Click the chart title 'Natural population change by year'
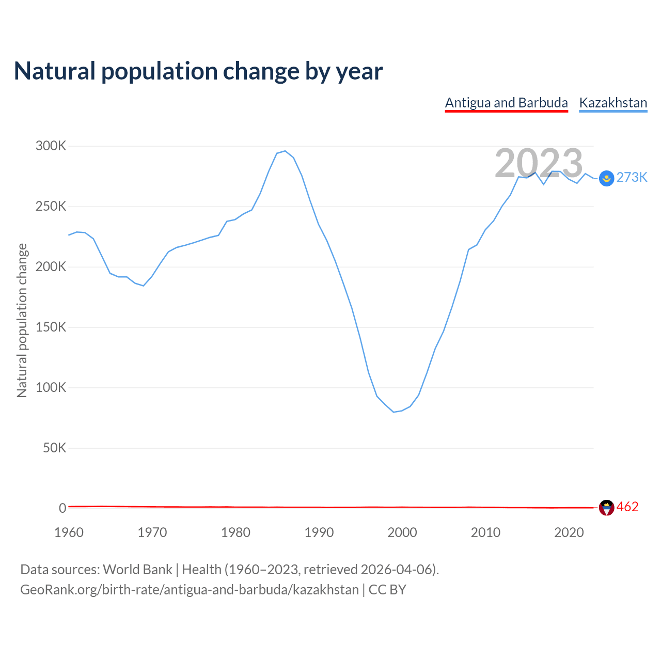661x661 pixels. tap(198, 71)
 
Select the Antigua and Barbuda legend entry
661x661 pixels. tap(506, 103)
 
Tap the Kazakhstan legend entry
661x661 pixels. tap(613, 103)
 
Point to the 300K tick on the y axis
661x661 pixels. tap(51, 146)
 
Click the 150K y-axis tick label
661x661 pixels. tap(51, 327)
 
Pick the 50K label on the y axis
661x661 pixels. tap(55, 448)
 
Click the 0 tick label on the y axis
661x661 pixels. tap(62, 508)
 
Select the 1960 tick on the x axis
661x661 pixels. tap(69, 532)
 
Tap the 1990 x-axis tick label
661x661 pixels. tap(319, 532)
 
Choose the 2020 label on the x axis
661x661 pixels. tap(569, 532)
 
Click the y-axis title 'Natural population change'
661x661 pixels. tap(22, 320)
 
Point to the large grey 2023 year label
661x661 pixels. tap(539, 163)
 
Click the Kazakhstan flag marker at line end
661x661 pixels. tap(606, 178)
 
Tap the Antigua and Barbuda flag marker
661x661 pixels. tap(606, 508)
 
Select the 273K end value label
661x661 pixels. tap(632, 178)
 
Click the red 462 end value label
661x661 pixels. tap(627, 507)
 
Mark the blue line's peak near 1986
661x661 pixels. tap(285, 151)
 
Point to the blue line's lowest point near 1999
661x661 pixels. tap(394, 412)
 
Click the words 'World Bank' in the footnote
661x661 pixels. tap(137, 570)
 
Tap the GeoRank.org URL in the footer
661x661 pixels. tap(189, 590)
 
